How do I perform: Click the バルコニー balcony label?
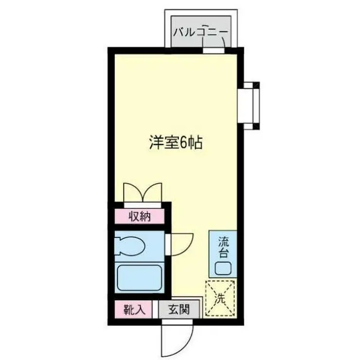point(200,32)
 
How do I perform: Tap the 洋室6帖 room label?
point(176,143)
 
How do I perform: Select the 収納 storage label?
point(140,216)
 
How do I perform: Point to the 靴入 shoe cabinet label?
point(135,310)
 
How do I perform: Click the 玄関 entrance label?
point(179,309)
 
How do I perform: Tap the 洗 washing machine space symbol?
point(220,298)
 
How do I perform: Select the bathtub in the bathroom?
point(140,277)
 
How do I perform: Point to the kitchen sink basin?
point(223,268)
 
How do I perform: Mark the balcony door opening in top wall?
point(214,50)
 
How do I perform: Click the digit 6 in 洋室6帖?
point(183,143)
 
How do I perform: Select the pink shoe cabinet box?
point(134,310)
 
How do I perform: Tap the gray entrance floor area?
point(179,310)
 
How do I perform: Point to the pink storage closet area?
point(140,216)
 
